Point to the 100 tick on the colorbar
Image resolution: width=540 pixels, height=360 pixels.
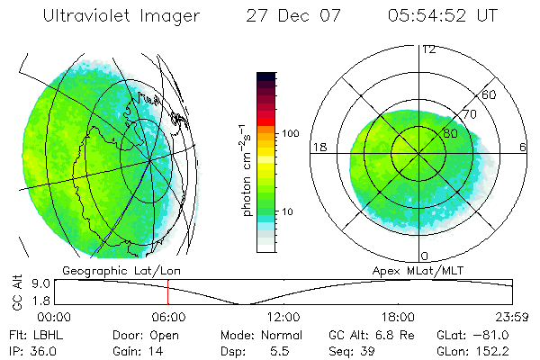pos(289,133)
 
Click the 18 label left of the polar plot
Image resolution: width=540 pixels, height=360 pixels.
pos(318,148)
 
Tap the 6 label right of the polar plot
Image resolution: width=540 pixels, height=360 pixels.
pos(523,148)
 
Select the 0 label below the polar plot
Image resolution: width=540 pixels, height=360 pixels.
pos(424,256)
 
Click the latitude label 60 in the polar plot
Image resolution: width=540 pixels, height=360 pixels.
pos(490,94)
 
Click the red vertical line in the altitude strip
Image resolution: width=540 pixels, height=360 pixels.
pos(167,292)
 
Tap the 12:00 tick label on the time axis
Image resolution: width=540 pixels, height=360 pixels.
pos(283,317)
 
